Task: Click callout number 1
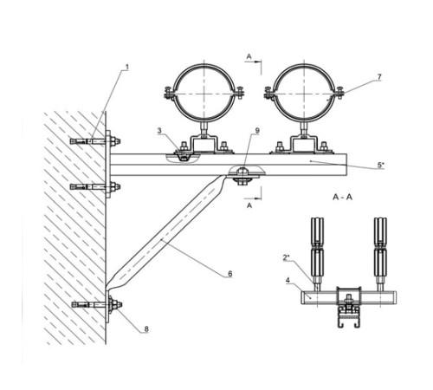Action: (x=126, y=68)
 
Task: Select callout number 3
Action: (x=159, y=131)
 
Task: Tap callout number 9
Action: (x=257, y=131)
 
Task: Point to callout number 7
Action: (x=379, y=77)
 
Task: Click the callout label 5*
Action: (x=381, y=165)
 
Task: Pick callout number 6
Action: (x=230, y=273)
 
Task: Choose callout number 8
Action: (x=146, y=328)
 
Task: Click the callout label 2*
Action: (x=286, y=257)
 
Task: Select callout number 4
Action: (x=288, y=280)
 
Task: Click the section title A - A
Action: (x=343, y=197)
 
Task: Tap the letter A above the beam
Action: (x=249, y=56)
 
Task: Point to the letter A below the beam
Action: (x=249, y=205)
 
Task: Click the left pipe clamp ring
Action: (x=174, y=92)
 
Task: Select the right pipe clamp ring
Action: (x=275, y=92)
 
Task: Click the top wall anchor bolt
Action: (x=95, y=141)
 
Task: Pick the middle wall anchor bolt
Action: (x=95, y=187)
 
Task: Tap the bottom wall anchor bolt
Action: (x=97, y=304)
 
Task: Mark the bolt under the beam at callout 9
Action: (x=242, y=176)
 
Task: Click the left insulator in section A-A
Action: (x=317, y=249)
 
